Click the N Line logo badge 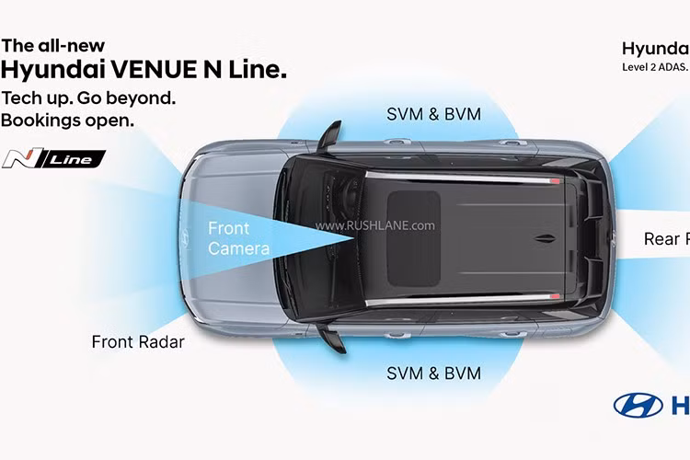coord(53,159)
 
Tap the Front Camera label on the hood coord(238,238)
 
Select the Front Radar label coord(138,342)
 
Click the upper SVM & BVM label coord(447,114)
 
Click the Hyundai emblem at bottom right coord(638,406)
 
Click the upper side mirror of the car coord(329,134)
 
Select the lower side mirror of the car coord(331,338)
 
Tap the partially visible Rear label coord(665,239)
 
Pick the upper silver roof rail coord(460,174)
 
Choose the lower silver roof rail coord(460,299)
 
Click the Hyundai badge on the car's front coord(184,237)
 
